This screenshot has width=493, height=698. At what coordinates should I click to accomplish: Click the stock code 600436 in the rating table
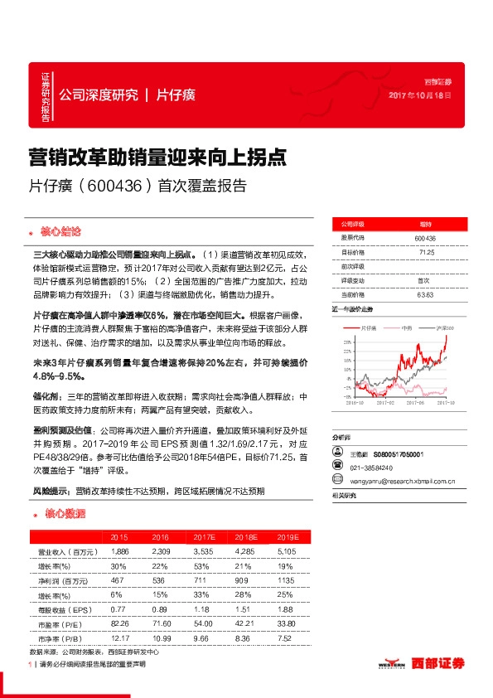tap(425, 238)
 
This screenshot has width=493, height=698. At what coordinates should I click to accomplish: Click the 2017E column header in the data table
tap(205, 536)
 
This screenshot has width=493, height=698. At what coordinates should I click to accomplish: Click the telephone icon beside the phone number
tap(336, 467)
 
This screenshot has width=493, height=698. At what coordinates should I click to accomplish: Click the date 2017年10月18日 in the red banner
tap(420, 96)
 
